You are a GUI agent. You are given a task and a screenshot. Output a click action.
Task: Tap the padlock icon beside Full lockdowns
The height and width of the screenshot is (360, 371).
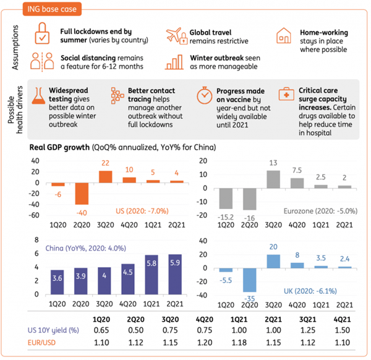42,33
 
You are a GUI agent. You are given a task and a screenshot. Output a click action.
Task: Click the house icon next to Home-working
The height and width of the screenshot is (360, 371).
283,35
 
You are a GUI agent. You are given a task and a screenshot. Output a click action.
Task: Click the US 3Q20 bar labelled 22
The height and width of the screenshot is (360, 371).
105,176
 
